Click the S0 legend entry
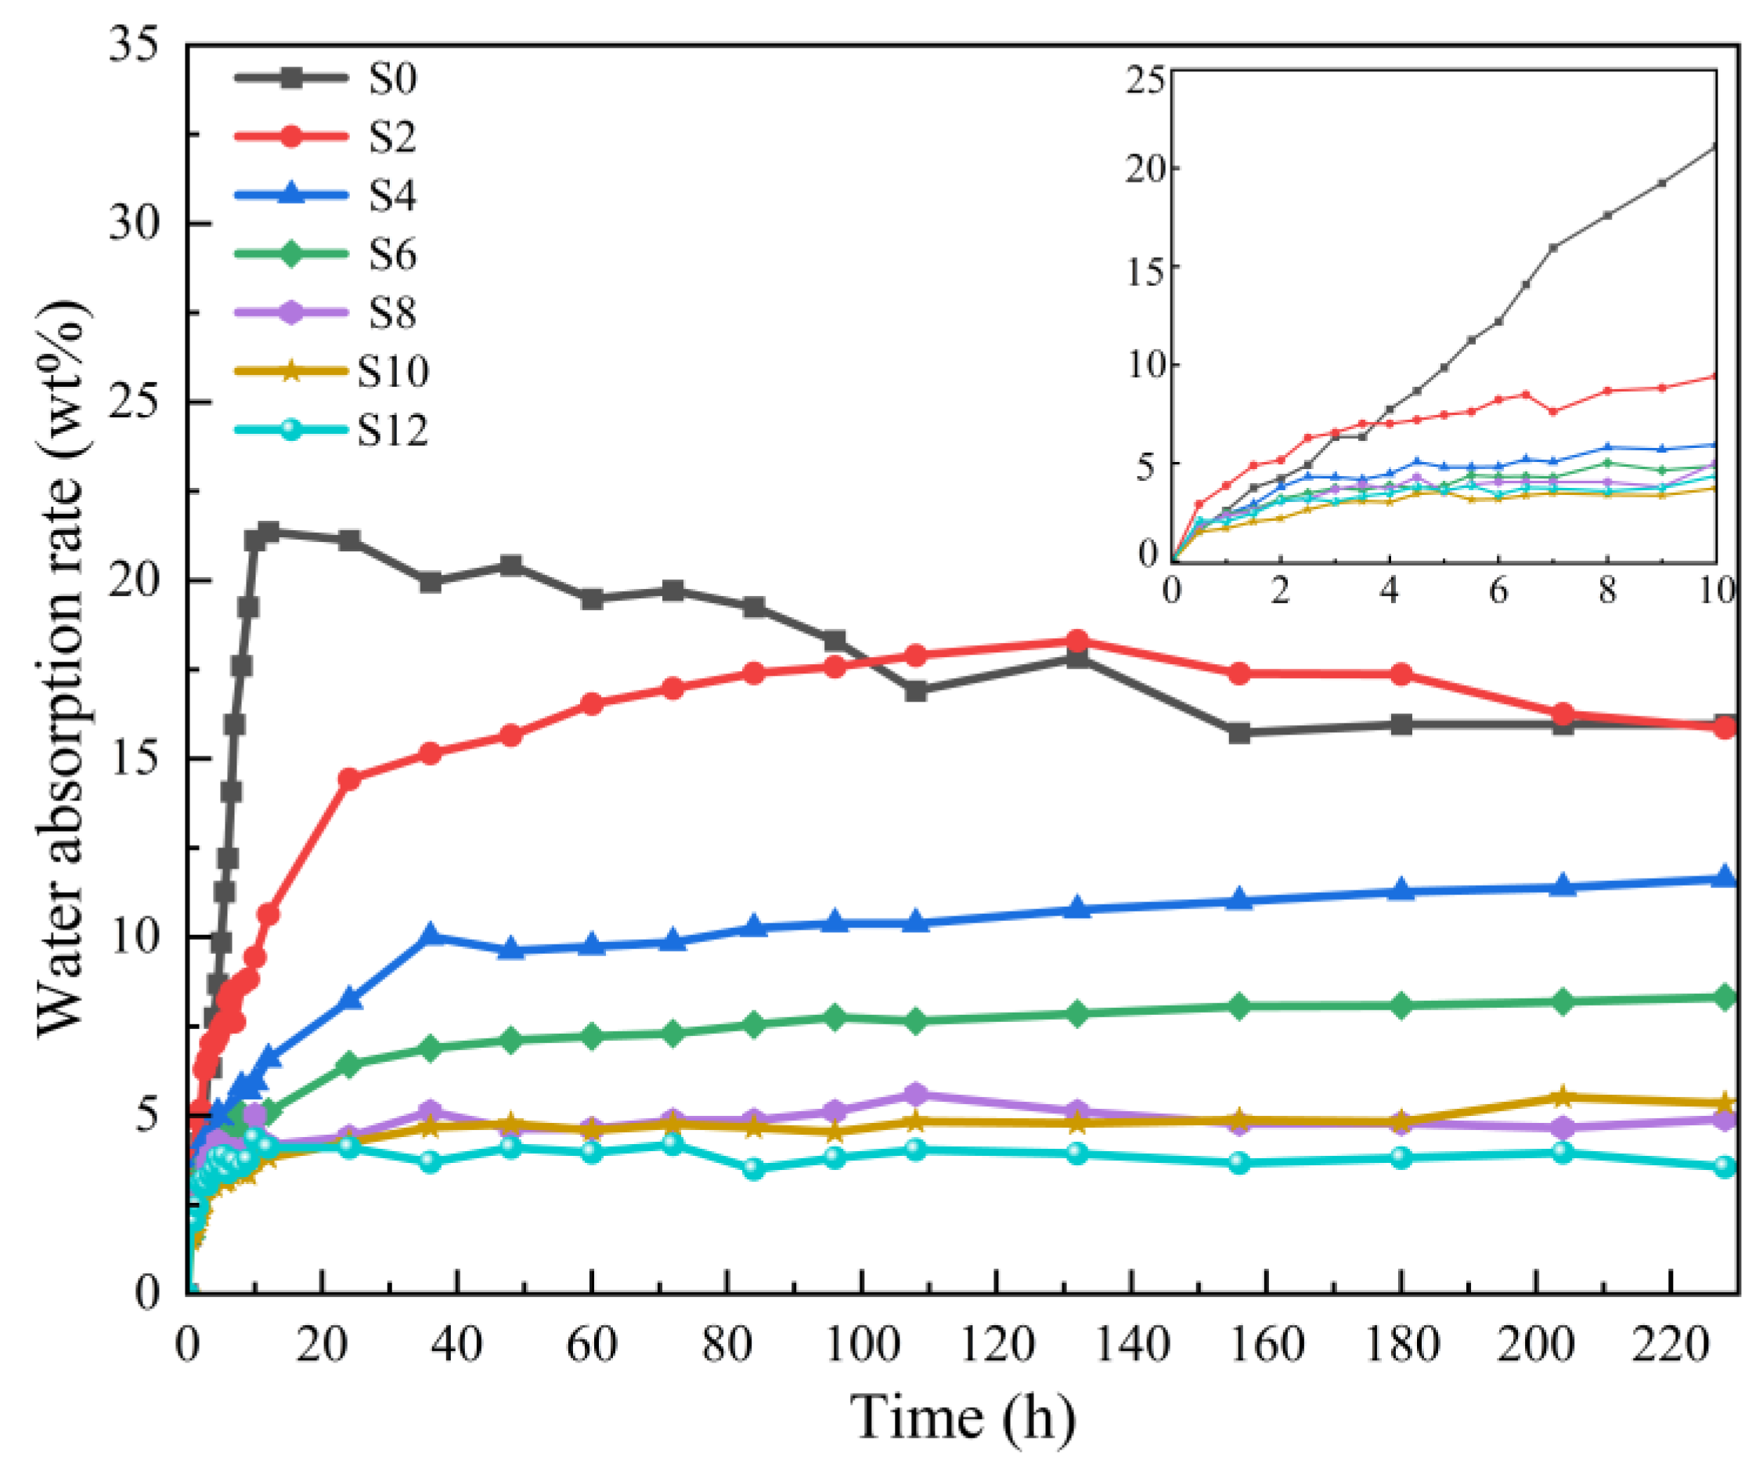(x=392, y=78)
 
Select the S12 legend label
(x=392, y=431)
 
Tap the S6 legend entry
(x=392, y=255)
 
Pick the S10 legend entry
(x=392, y=372)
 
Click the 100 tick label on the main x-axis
(x=861, y=1345)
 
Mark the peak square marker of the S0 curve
(x=269, y=532)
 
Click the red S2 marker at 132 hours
(x=1077, y=641)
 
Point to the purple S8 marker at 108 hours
(x=916, y=1094)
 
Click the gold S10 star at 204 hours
(x=1563, y=1096)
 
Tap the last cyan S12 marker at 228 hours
(x=1725, y=1166)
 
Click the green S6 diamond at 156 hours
(x=1239, y=1006)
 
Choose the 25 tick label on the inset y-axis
(x=1145, y=81)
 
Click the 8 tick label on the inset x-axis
(x=1607, y=591)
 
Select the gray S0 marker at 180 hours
(x=1401, y=724)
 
